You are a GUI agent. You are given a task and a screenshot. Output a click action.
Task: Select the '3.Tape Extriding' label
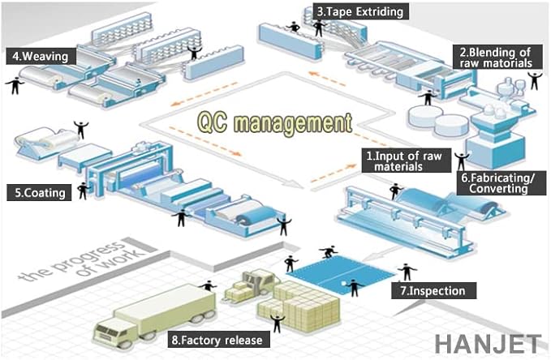pos(359,12)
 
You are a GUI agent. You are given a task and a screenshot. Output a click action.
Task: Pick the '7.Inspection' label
pos(433,289)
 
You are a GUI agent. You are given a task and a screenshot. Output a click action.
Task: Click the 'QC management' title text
pos(275,123)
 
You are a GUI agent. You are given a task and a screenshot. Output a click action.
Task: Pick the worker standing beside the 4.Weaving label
pos(14,84)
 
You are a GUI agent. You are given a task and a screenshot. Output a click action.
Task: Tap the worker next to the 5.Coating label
pos(82,191)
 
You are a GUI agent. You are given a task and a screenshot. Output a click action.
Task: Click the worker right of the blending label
pos(534,79)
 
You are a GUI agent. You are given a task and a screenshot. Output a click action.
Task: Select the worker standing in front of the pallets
pos(277,322)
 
